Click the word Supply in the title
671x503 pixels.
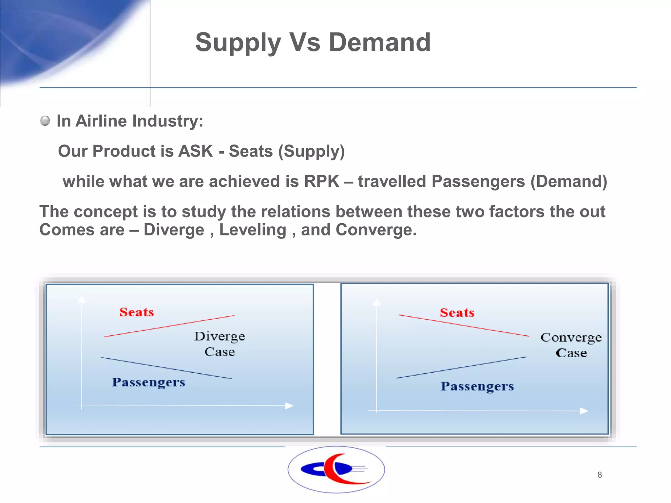(x=238, y=43)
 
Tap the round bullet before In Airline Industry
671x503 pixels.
(x=45, y=121)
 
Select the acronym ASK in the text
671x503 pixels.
(x=196, y=151)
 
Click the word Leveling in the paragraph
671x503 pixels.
(x=253, y=230)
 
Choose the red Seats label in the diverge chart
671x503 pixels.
(x=136, y=312)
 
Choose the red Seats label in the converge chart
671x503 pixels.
(x=457, y=313)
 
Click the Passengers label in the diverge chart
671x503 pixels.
(x=148, y=382)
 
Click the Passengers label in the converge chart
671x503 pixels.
(x=477, y=386)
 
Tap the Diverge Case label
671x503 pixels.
(x=220, y=344)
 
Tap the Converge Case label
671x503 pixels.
(x=571, y=345)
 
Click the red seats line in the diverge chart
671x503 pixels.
(x=169, y=326)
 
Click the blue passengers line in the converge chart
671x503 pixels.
(x=461, y=368)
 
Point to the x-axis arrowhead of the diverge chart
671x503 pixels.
(x=289, y=406)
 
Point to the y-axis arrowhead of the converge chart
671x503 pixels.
(x=377, y=302)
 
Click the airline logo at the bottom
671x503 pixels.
(x=336, y=469)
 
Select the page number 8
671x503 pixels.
(x=599, y=475)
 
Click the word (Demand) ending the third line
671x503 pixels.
(x=568, y=181)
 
